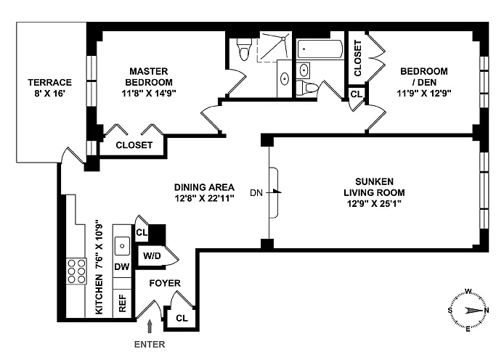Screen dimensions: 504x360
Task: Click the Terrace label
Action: (x=50, y=88)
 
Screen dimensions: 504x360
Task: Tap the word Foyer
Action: (x=165, y=283)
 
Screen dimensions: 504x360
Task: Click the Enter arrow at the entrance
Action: (x=150, y=328)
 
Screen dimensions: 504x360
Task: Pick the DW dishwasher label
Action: (x=122, y=267)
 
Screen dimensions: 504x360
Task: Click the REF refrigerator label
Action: (x=122, y=303)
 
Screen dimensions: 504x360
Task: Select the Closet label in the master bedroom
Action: (x=134, y=145)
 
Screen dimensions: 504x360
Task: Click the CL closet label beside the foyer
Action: (x=182, y=317)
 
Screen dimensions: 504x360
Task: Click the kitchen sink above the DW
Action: (x=122, y=243)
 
